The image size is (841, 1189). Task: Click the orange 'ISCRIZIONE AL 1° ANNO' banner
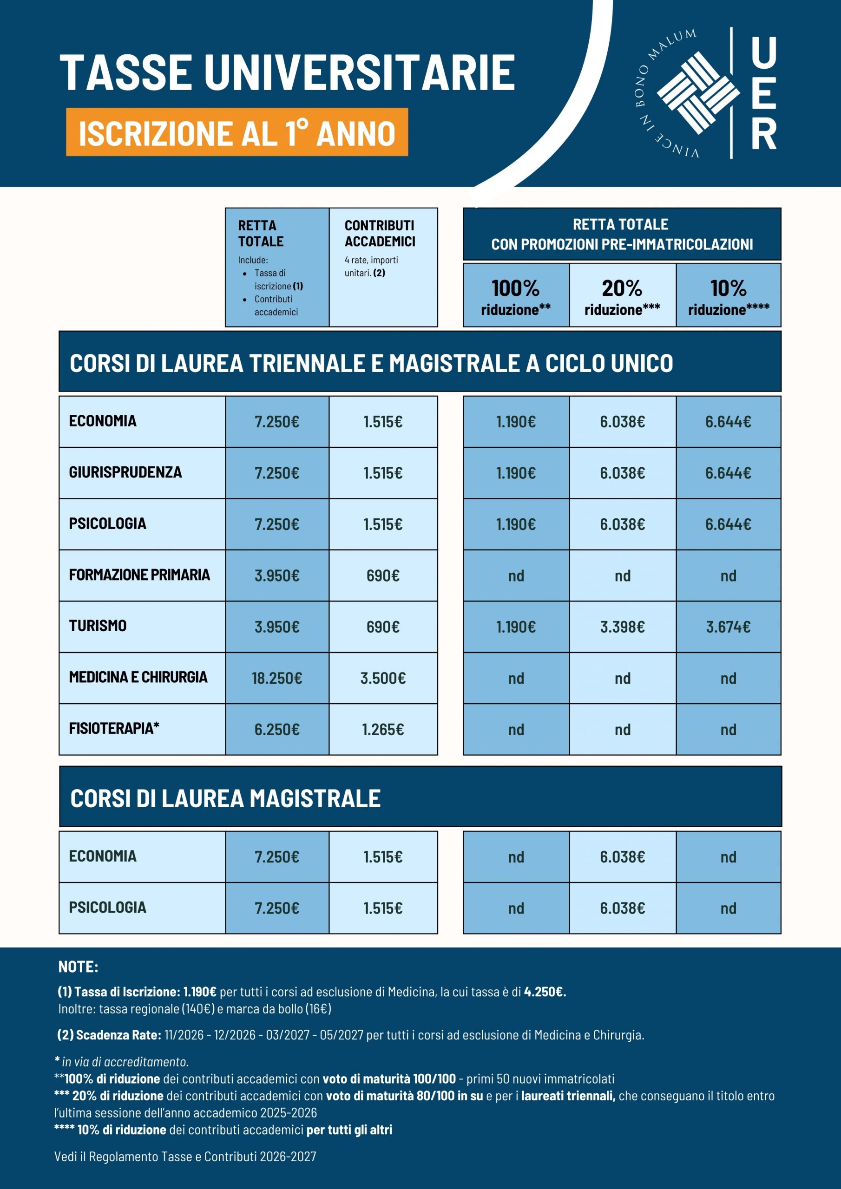click(x=237, y=132)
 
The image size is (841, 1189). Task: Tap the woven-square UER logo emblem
click(x=698, y=93)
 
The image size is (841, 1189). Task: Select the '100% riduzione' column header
click(x=516, y=296)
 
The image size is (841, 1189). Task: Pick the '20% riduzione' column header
click(x=622, y=296)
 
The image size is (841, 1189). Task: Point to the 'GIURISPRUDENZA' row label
click(x=125, y=472)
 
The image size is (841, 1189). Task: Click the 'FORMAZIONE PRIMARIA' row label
click(x=139, y=575)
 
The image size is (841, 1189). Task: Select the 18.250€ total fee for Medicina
click(x=277, y=678)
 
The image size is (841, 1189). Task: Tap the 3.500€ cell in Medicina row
click(x=383, y=678)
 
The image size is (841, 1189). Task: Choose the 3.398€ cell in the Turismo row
click(x=622, y=627)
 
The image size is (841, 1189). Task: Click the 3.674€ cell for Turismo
click(x=728, y=627)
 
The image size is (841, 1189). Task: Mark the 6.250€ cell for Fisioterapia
click(x=277, y=729)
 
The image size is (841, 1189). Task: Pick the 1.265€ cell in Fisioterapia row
click(x=383, y=729)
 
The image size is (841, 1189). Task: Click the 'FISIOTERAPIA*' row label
click(x=114, y=728)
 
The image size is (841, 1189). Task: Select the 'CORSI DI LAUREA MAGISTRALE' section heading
click(x=225, y=798)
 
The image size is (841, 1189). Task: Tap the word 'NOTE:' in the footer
click(x=78, y=967)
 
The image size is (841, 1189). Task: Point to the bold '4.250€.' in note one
click(x=545, y=992)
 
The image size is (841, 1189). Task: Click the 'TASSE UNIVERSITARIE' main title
click(x=287, y=72)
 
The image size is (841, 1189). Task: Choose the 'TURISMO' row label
click(x=98, y=626)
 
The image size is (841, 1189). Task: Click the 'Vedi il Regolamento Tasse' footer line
click(x=185, y=1156)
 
